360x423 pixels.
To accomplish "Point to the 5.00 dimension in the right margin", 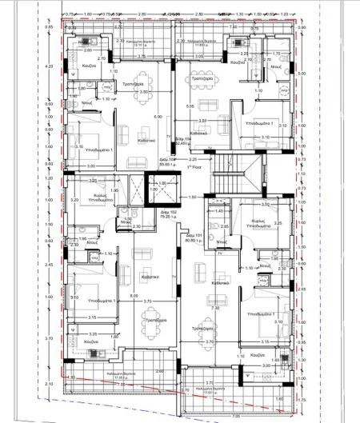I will point(301,74).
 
